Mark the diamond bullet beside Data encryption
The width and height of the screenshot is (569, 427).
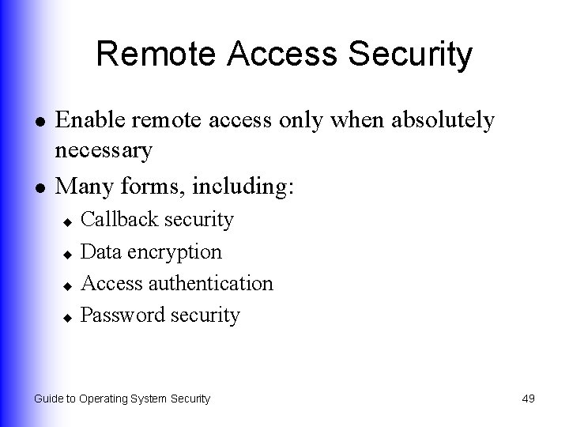pos(69,254)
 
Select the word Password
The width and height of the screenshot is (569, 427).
pos(121,315)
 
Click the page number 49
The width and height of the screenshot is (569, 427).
pos(528,399)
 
